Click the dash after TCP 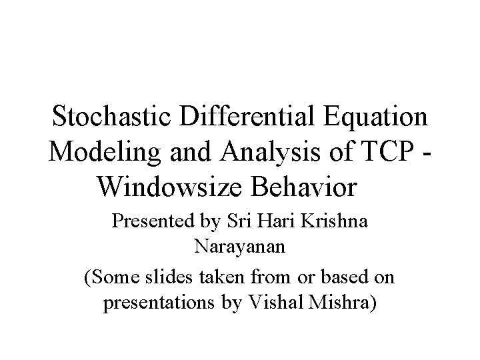pos(425,152)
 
